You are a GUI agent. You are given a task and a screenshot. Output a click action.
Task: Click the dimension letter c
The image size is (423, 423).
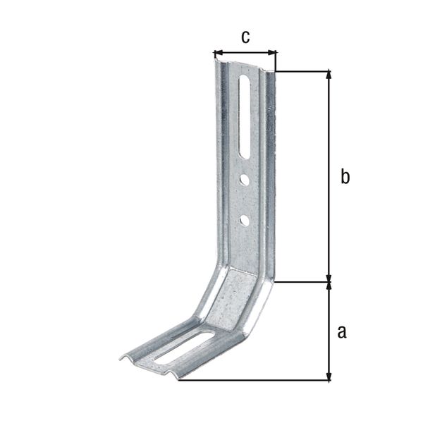[x=245, y=37]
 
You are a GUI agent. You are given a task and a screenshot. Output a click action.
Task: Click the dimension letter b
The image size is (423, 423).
[x=345, y=177]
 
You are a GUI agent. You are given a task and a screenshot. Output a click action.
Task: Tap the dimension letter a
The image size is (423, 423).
[x=342, y=331]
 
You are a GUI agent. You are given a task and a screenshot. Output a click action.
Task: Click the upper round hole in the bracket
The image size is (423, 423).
[x=244, y=180]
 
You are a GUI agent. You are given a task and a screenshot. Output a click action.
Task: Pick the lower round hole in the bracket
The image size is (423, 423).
[x=244, y=221]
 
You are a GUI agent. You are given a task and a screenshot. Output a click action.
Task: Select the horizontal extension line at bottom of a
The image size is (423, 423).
[x=254, y=381]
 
